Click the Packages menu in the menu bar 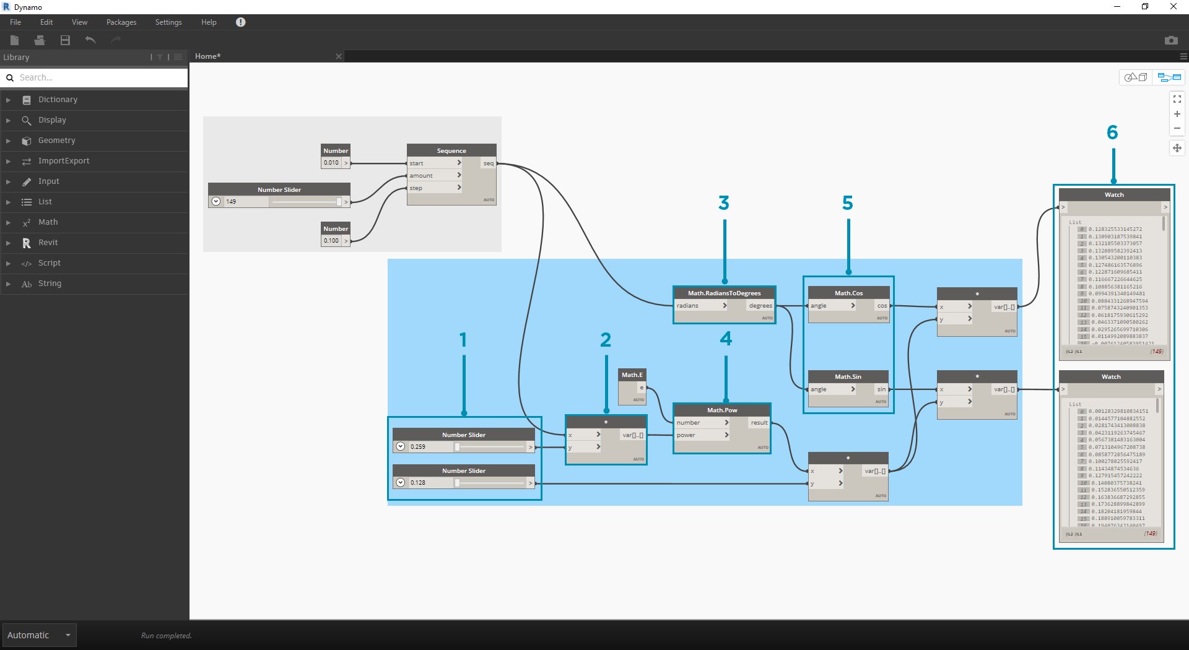click(x=121, y=22)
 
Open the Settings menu click(x=168, y=22)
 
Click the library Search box click(x=99, y=77)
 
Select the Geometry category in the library click(x=56, y=141)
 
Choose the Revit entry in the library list click(x=48, y=243)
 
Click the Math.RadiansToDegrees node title click(x=724, y=293)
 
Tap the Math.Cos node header click(x=848, y=293)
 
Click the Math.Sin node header click(x=848, y=376)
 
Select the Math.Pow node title click(x=722, y=410)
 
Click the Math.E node click(x=632, y=375)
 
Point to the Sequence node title click(x=451, y=150)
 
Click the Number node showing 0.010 click(x=332, y=163)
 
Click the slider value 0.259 click(x=419, y=446)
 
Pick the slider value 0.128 click(x=419, y=483)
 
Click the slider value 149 click(x=232, y=202)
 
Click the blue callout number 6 click(x=1112, y=132)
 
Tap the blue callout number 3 click(x=724, y=203)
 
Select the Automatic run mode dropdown click(x=39, y=635)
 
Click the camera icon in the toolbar click(x=1171, y=40)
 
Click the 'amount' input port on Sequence click(x=422, y=176)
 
